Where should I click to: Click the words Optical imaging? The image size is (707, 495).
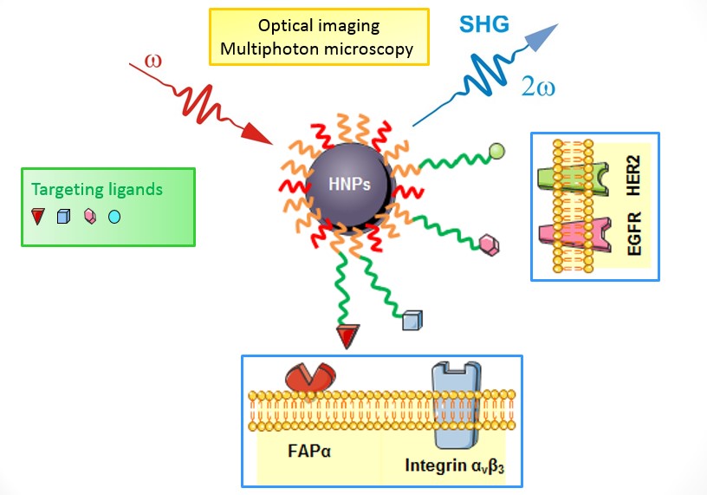click(319, 26)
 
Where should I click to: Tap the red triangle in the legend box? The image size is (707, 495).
click(37, 217)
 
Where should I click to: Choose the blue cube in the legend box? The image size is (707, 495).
click(62, 218)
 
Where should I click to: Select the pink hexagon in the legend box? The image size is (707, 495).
click(88, 217)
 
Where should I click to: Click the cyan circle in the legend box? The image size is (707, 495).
click(114, 217)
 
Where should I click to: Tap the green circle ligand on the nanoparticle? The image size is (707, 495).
click(496, 152)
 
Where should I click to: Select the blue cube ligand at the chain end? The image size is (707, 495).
click(412, 321)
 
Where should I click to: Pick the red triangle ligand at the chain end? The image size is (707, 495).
click(348, 335)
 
